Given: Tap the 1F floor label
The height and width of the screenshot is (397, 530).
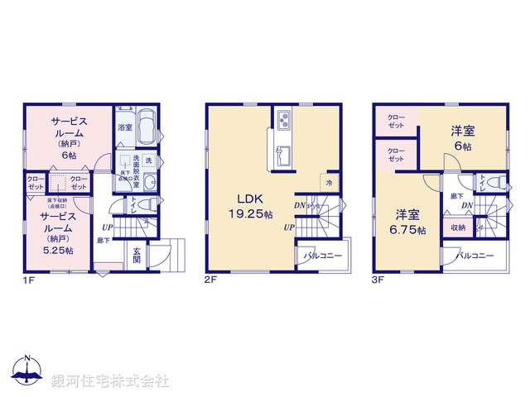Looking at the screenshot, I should click(28, 280).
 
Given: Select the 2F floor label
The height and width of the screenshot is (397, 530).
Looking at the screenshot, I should click(210, 280).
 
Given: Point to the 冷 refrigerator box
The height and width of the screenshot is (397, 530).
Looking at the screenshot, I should click(329, 182).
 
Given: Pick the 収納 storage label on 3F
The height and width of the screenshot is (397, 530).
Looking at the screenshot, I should click(457, 227).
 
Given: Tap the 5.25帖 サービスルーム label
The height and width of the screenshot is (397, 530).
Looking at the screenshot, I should click(58, 232).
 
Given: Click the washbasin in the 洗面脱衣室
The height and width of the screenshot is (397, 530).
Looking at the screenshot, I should click(149, 183).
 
